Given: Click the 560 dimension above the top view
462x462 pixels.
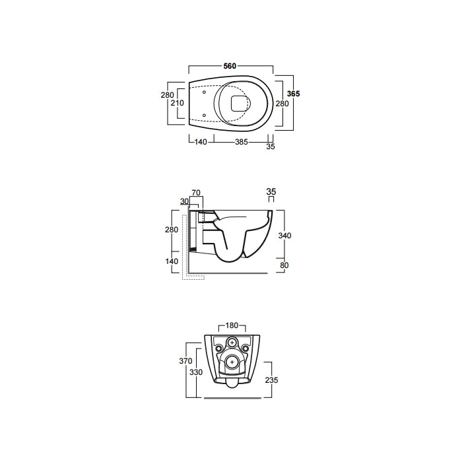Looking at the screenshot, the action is [230, 66].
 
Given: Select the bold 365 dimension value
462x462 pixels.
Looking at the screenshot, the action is [294, 94].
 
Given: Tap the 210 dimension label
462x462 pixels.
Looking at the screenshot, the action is [177, 103].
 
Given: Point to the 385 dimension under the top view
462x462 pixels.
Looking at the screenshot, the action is [242, 142].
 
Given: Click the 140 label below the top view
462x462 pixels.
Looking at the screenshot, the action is [201, 142].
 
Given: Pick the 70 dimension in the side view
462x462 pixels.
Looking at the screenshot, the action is [196, 193].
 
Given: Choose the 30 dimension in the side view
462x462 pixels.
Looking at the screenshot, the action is [184, 201].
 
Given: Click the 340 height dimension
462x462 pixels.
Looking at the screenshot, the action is [284, 236].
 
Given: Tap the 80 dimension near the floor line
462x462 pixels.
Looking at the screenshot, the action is [284, 265].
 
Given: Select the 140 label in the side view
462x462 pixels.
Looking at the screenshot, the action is [172, 261].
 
